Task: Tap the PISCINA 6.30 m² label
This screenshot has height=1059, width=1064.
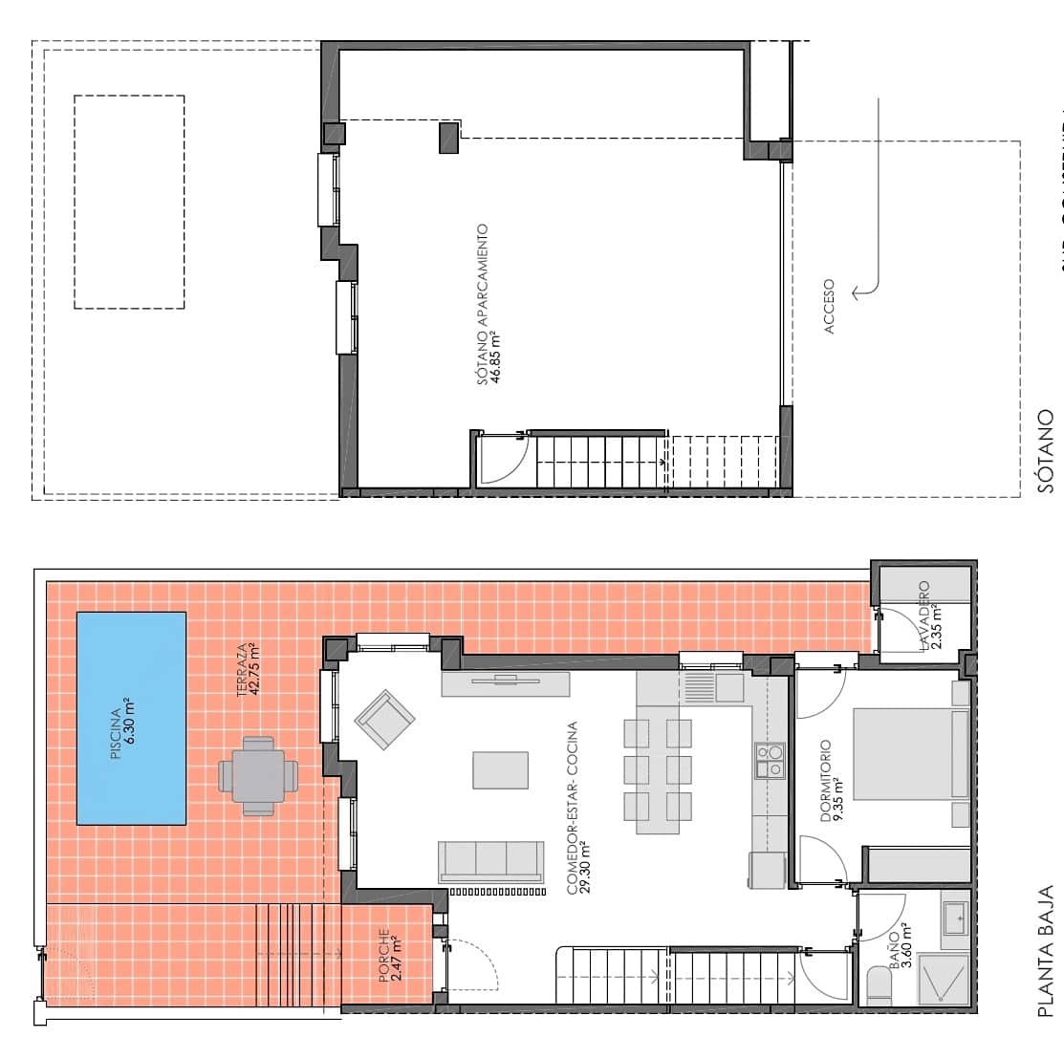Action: point(121,731)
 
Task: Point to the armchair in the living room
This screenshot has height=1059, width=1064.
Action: point(384,719)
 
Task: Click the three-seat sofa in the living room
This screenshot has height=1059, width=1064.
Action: point(490,860)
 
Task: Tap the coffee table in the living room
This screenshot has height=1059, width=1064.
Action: point(500,769)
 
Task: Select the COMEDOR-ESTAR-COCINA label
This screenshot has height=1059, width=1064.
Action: point(577,808)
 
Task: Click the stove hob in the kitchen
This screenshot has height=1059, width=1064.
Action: point(769,760)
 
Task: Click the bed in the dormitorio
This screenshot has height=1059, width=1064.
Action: point(908,753)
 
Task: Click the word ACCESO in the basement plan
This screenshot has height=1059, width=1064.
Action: point(828,306)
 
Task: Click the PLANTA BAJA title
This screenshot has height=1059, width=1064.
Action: point(1046,950)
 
